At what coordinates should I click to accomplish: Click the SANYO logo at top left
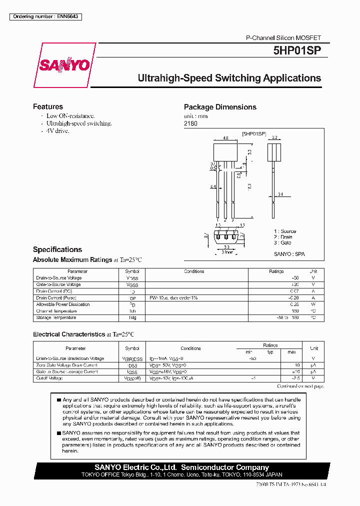click(x=64, y=65)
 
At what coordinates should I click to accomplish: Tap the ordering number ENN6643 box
click(x=45, y=16)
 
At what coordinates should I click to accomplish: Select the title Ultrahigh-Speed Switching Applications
click(x=229, y=78)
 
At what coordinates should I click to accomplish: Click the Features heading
click(x=48, y=106)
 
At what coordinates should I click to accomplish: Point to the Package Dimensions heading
click(x=220, y=107)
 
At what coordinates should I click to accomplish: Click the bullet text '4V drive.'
click(x=57, y=131)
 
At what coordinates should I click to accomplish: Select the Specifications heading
click(x=57, y=249)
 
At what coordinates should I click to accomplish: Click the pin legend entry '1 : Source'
click(x=284, y=231)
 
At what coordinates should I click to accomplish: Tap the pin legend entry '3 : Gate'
click(x=282, y=242)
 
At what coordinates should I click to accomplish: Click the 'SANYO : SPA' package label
click(x=289, y=254)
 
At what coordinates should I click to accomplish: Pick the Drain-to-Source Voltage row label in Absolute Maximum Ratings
click(x=59, y=278)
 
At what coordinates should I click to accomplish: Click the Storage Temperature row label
click(x=56, y=317)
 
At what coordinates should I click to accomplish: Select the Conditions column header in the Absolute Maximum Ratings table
click(x=194, y=271)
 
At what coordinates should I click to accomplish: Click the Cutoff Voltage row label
click(x=49, y=378)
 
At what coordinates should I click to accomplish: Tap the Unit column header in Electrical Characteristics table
click(x=313, y=348)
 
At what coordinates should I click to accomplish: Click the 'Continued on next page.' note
click(x=300, y=386)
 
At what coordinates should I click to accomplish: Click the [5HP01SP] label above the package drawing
click(x=253, y=134)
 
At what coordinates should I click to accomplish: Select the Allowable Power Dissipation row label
click(x=63, y=304)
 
